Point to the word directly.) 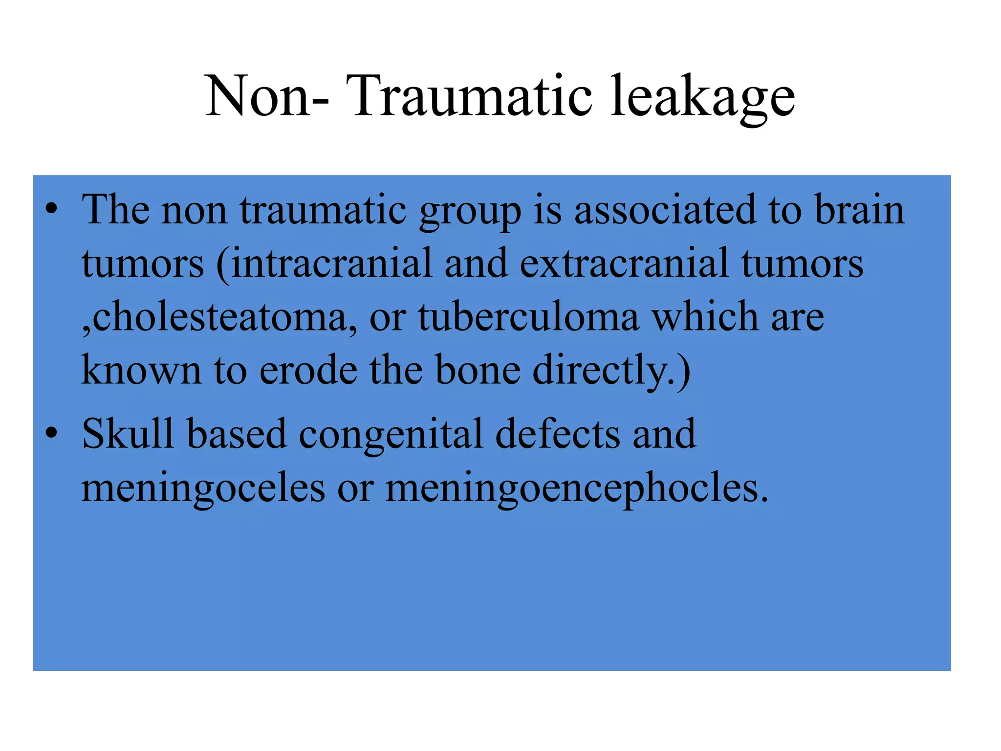(x=611, y=372)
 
